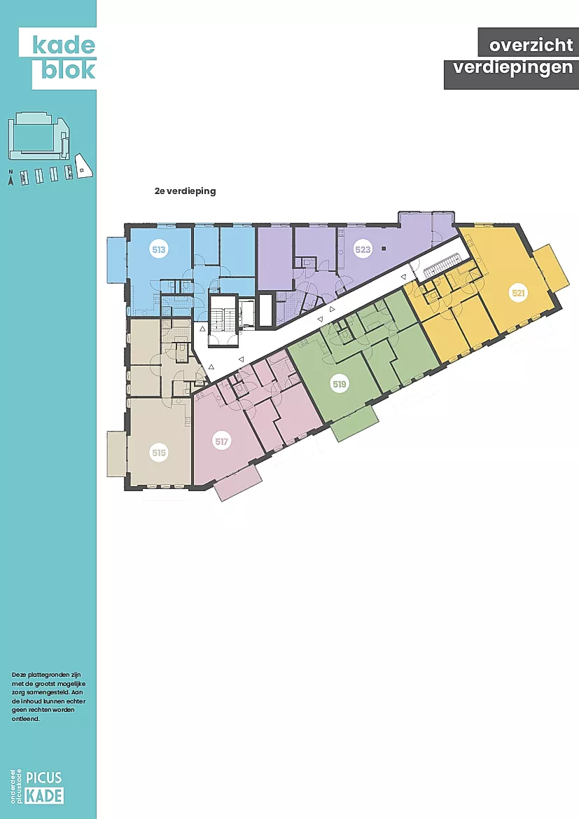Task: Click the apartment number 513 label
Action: tap(159, 249)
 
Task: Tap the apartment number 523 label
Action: tap(363, 249)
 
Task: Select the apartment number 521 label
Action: tap(518, 293)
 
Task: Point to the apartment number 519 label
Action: tap(340, 384)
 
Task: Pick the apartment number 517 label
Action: tap(221, 441)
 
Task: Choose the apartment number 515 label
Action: tap(159, 453)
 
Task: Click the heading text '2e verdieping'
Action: tap(186, 191)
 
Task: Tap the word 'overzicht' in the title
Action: tap(531, 46)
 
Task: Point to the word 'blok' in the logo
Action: tap(69, 69)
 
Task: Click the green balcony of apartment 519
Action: tap(354, 424)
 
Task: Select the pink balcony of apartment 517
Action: tap(237, 483)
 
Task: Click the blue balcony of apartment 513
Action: tap(116, 259)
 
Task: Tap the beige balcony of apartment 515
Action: tap(116, 453)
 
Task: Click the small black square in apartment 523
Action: tap(384, 249)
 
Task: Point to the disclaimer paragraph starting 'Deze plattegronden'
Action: tap(48, 697)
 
